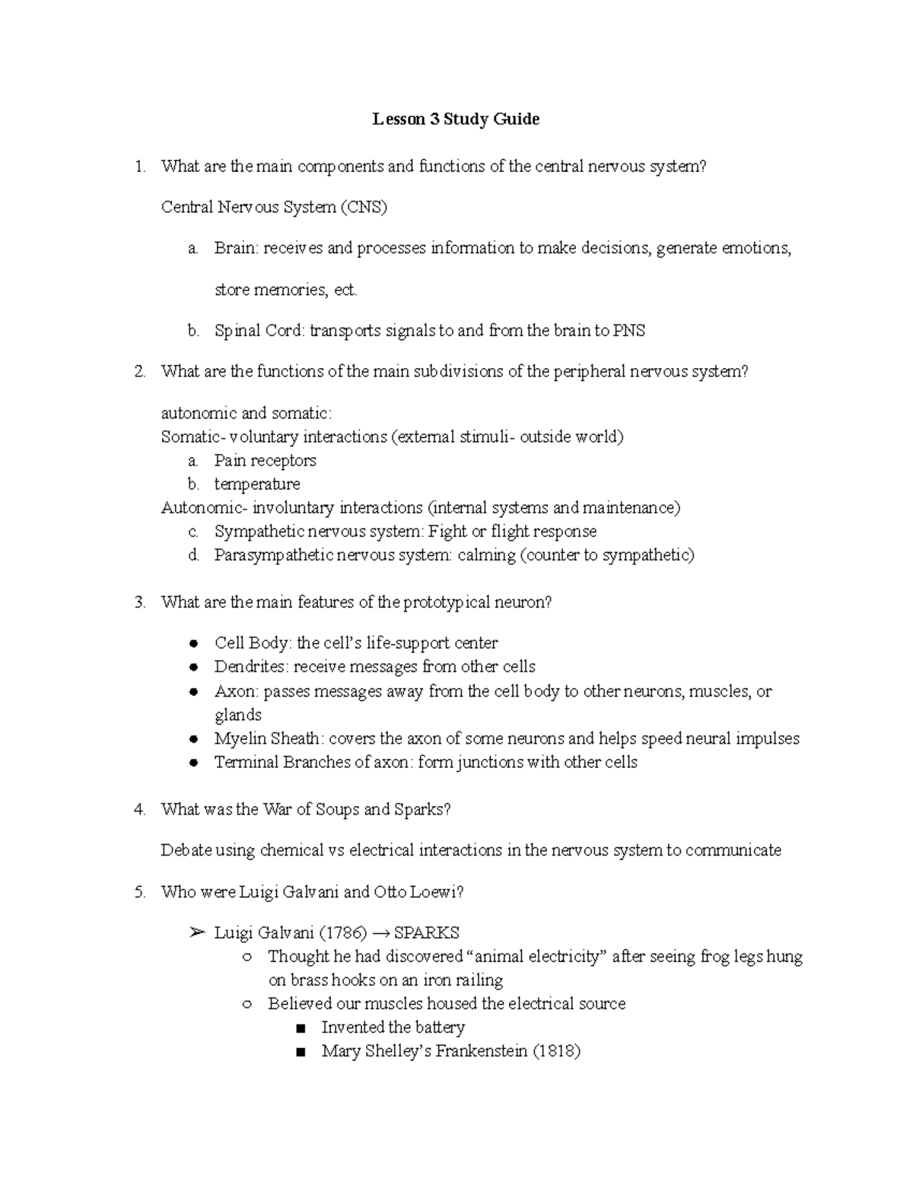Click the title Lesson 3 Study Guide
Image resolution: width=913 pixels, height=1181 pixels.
click(x=455, y=119)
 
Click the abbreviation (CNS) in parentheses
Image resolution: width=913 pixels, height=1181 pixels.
click(x=364, y=207)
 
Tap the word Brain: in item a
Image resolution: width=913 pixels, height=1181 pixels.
click(x=237, y=248)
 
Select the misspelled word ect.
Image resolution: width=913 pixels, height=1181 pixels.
click(x=345, y=290)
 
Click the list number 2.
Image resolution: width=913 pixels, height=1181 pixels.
click(x=139, y=372)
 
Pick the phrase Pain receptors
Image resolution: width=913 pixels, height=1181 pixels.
click(x=265, y=461)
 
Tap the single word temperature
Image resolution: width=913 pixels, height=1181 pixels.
click(x=257, y=484)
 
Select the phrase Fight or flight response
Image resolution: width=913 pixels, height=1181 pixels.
click(x=512, y=532)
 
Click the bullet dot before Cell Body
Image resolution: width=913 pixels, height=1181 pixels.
click(x=195, y=643)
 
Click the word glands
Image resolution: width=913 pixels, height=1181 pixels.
click(x=238, y=715)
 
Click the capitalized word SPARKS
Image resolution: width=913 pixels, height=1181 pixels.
click(x=427, y=933)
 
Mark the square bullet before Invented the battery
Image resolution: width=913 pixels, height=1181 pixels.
click(x=301, y=1029)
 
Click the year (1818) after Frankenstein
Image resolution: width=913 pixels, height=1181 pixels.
click(x=556, y=1052)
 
